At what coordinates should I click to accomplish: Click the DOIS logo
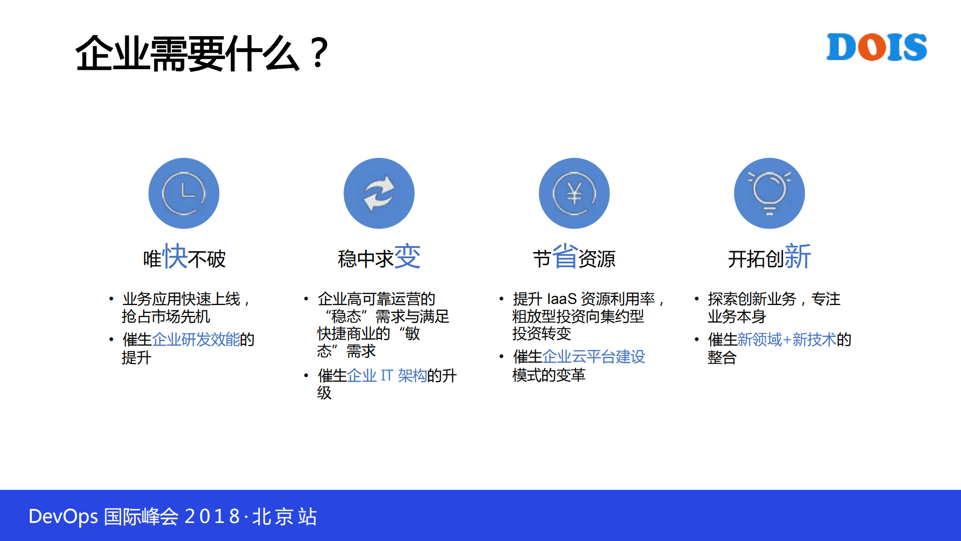(x=876, y=47)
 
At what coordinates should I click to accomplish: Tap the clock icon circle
(x=184, y=194)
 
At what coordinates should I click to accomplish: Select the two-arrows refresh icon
(x=379, y=194)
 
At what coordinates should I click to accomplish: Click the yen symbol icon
(x=574, y=194)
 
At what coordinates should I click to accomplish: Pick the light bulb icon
(x=769, y=194)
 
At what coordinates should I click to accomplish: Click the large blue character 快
(x=175, y=257)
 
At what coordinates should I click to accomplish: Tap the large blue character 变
(x=408, y=257)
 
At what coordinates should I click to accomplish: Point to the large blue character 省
(x=565, y=257)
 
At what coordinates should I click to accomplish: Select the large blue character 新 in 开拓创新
(x=797, y=257)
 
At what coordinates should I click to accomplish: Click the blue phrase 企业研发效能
(x=196, y=339)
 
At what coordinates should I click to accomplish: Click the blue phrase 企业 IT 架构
(x=387, y=376)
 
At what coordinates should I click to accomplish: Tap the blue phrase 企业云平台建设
(x=593, y=357)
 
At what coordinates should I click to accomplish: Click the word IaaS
(x=561, y=299)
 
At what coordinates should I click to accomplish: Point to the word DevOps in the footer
(x=63, y=516)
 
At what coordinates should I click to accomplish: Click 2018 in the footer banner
(x=212, y=516)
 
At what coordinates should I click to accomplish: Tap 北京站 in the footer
(x=284, y=516)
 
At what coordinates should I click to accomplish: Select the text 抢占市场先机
(x=166, y=316)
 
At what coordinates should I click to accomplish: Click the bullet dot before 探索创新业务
(x=696, y=299)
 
